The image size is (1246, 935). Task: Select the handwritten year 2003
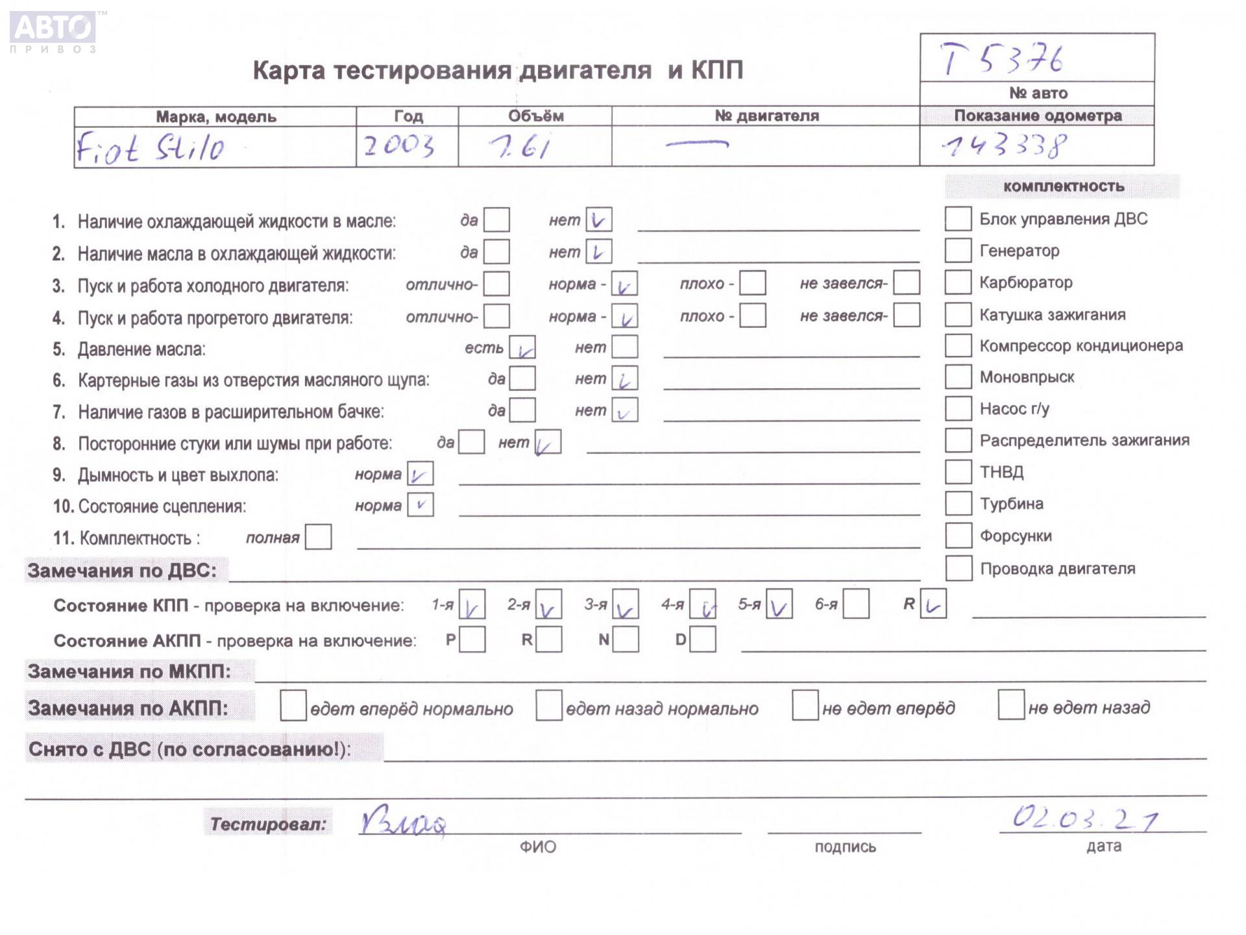click(x=398, y=146)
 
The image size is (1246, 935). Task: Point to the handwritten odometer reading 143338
click(x=1004, y=147)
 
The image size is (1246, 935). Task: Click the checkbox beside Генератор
click(x=957, y=250)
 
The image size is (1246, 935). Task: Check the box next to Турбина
click(x=957, y=503)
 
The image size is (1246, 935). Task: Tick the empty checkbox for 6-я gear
click(x=856, y=605)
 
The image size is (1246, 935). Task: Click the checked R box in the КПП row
click(x=933, y=605)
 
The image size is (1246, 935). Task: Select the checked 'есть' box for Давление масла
click(x=522, y=348)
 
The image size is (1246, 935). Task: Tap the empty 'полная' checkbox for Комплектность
click(x=318, y=537)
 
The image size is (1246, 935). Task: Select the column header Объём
click(x=535, y=116)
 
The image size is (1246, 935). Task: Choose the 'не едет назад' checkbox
click(x=1010, y=706)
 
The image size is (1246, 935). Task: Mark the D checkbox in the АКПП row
click(x=703, y=640)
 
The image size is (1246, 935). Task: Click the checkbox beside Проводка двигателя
click(x=958, y=568)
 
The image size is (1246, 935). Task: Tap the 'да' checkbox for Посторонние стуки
click(x=471, y=442)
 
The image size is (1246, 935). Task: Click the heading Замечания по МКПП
click(x=129, y=671)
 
